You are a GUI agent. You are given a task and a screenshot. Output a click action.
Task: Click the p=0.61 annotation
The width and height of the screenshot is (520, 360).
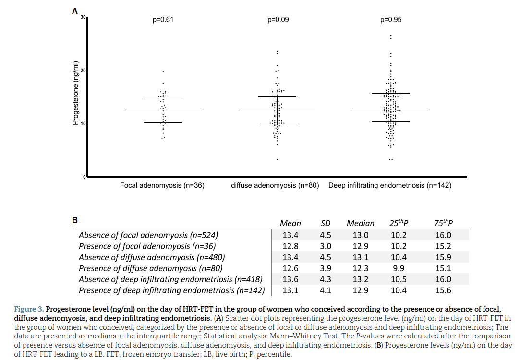pos(163,20)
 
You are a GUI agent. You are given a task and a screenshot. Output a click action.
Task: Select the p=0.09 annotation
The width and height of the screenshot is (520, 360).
pos(278,20)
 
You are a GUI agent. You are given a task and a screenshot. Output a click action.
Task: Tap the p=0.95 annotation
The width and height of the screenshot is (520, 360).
pos(391,20)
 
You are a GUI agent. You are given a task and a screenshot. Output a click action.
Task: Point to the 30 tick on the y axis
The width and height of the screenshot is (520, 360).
pos(83,18)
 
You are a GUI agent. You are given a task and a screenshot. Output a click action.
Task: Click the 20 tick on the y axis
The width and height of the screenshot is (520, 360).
pos(83,71)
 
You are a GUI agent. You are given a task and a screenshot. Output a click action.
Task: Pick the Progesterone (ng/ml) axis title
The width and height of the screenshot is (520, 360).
pos(75,94)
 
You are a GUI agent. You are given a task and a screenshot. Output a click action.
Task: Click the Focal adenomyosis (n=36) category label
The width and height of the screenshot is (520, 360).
pos(162,185)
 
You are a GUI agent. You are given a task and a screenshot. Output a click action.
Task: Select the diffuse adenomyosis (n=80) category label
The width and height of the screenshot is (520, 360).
pos(275,185)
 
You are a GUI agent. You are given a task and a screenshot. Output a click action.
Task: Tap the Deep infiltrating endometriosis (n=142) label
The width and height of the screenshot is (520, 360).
pos(390,185)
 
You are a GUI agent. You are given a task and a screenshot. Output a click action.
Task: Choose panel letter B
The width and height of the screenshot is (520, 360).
pos(75,220)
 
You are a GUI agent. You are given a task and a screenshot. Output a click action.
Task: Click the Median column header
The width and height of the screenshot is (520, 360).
pos(360,223)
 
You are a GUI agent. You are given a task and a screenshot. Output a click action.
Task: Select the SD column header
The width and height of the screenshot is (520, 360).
pos(326,223)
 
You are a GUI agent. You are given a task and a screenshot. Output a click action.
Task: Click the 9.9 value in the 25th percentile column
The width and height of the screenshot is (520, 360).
pos(399,268)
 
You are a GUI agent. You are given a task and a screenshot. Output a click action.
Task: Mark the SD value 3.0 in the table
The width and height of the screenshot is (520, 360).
pos(326,246)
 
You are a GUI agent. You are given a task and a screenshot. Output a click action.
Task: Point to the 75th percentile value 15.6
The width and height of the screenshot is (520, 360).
pos(443,290)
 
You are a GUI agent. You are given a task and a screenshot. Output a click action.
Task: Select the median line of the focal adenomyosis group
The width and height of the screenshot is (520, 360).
pos(163,108)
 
